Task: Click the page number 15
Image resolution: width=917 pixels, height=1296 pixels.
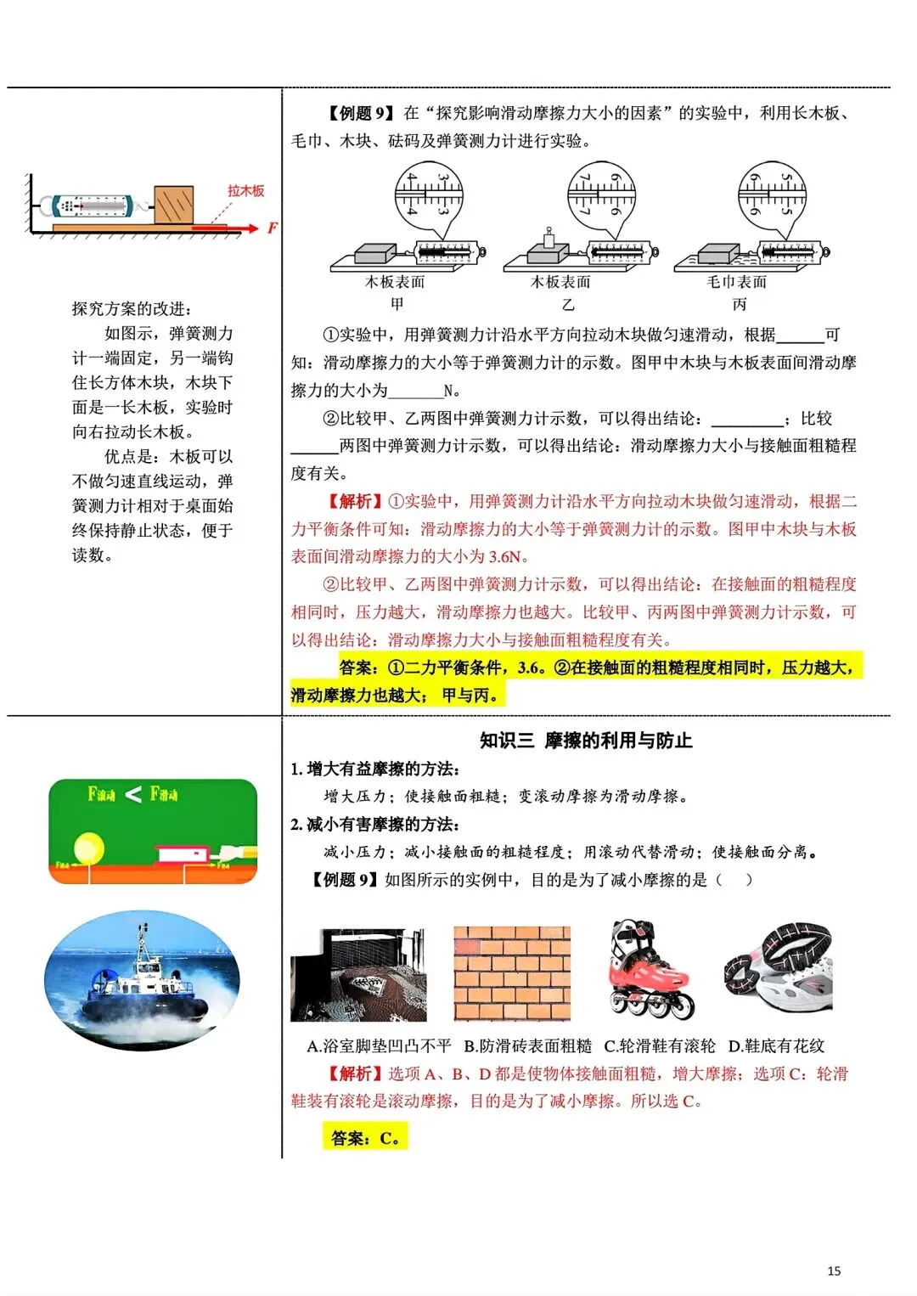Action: click(x=833, y=1271)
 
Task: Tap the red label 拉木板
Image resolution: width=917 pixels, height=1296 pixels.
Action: click(x=245, y=191)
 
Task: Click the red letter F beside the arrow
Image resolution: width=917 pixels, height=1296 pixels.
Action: click(x=272, y=228)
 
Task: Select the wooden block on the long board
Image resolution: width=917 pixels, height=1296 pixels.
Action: click(x=173, y=205)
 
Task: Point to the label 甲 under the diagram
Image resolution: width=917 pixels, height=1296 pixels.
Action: click(x=397, y=304)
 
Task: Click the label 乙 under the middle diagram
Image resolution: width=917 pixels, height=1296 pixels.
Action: click(x=567, y=304)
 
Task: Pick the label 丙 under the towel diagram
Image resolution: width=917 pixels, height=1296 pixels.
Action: click(x=739, y=304)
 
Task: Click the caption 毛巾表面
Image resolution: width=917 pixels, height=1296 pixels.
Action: click(x=736, y=282)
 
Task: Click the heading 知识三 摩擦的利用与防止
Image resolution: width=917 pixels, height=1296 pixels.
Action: click(x=586, y=741)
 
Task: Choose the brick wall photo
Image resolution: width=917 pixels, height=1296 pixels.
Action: click(x=512, y=973)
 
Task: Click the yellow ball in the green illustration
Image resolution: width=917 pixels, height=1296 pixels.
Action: click(x=88, y=848)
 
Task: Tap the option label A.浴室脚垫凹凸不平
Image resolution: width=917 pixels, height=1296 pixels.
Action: click(x=379, y=1045)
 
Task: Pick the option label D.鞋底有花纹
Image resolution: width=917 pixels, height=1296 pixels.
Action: click(x=776, y=1045)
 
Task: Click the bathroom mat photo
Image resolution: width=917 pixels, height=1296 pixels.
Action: click(x=358, y=975)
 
